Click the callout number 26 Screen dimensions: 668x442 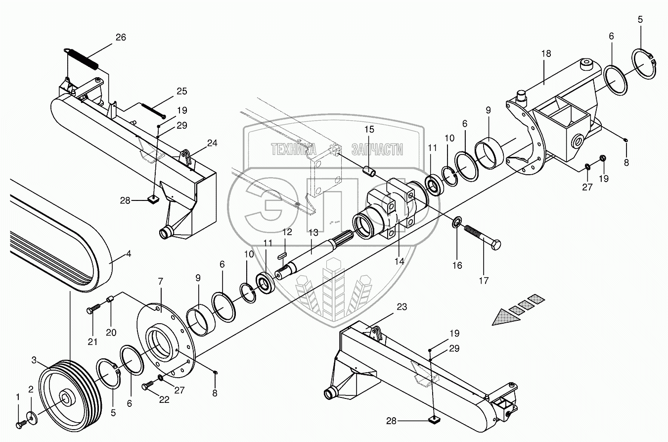tap(121, 37)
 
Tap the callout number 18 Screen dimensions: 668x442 tap(545, 53)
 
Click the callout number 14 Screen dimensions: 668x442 tap(400, 261)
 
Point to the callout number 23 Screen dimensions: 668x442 tap(401, 307)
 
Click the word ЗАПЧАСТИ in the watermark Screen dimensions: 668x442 tap(377, 149)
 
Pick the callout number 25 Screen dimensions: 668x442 tap(181, 91)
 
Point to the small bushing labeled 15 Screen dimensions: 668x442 tap(368, 171)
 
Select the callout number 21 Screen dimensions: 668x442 tap(92, 342)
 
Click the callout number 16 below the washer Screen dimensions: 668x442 tap(457, 265)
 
